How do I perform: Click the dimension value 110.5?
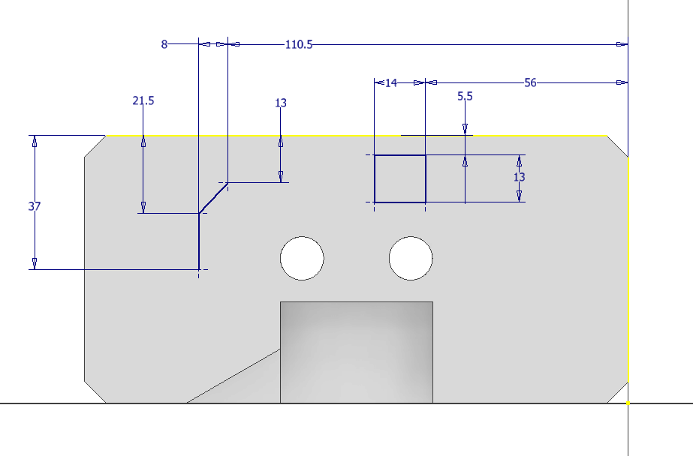pos(299,44)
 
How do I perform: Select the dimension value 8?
pos(164,44)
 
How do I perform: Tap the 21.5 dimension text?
pos(143,100)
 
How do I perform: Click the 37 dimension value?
pos(35,205)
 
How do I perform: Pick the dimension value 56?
pos(530,82)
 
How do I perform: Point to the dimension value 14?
pos(391,82)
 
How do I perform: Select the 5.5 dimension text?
pos(465,96)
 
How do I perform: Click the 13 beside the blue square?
pos(519,177)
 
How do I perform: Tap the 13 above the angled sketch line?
pos(281,103)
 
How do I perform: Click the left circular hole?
pos(302,258)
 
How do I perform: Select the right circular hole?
pos(411,258)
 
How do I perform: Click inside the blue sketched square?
pos(400,178)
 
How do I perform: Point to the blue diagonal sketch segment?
pos(213,198)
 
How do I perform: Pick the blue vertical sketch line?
pos(198,240)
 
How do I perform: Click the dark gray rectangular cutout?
pos(356,352)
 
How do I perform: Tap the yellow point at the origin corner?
pos(628,403)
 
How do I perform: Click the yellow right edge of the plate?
pos(628,270)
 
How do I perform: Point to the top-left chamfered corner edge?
pos(95,146)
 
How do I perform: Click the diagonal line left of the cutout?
pos(234,376)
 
